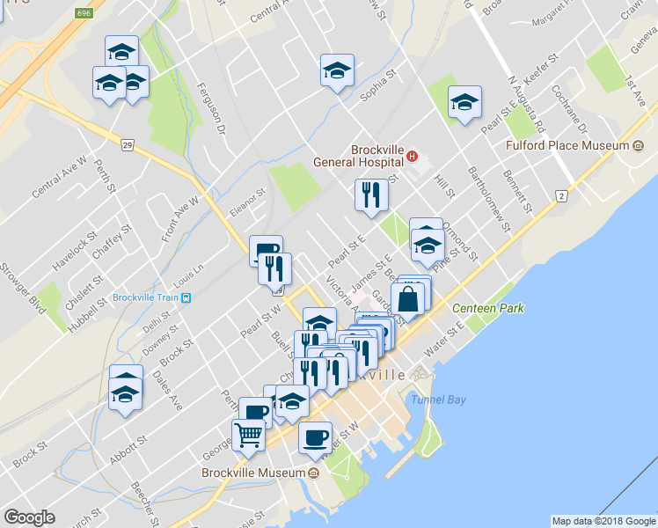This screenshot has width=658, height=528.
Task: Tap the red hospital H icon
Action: point(411,158)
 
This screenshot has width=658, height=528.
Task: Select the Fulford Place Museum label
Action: point(568,145)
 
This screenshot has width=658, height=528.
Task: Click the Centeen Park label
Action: point(487,308)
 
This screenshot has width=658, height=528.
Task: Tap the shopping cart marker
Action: point(249,433)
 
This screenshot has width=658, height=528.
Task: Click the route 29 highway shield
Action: point(128,144)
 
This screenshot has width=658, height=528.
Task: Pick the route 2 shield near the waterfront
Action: point(560,195)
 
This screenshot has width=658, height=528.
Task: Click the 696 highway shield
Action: point(84,14)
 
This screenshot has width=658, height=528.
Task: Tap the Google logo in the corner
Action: point(29,517)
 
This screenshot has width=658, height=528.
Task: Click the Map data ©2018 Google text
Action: point(603,521)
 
